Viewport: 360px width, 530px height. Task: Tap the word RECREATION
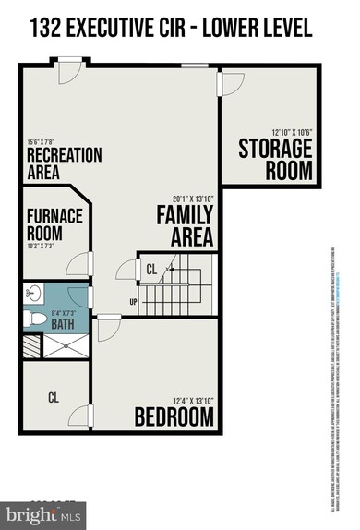[64, 154]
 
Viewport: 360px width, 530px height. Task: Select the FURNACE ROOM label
[54, 224]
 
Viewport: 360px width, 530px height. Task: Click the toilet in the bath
[35, 319]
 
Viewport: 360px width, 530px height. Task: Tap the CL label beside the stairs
[151, 270]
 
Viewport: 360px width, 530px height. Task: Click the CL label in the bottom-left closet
[54, 398]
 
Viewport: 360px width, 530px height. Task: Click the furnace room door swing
[80, 263]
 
